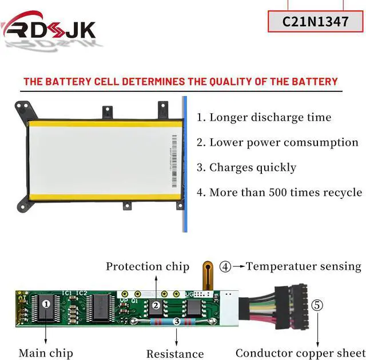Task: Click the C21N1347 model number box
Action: click(316, 21)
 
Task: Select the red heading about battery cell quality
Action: click(180, 82)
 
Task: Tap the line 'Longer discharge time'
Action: click(264, 118)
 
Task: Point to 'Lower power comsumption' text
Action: click(277, 142)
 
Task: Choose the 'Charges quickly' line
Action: click(246, 167)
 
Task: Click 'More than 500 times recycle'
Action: click(279, 193)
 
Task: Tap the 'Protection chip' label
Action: click(147, 266)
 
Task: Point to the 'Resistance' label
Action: click(175, 354)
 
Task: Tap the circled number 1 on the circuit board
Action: click(46, 305)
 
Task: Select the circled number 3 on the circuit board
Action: click(177, 322)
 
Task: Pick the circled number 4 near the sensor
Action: click(226, 266)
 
